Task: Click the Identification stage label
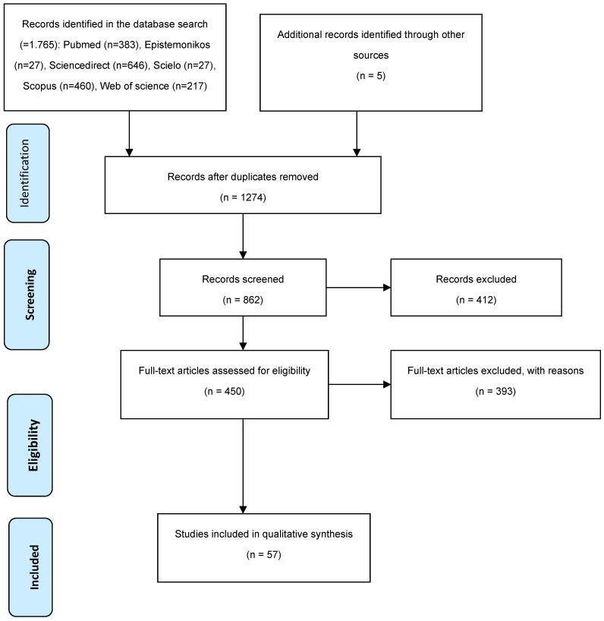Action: (x=27, y=173)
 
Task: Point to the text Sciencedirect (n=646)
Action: (x=110, y=66)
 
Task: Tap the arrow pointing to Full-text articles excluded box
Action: (x=360, y=383)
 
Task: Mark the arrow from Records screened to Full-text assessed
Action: (x=244, y=332)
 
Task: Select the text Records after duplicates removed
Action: (x=242, y=176)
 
